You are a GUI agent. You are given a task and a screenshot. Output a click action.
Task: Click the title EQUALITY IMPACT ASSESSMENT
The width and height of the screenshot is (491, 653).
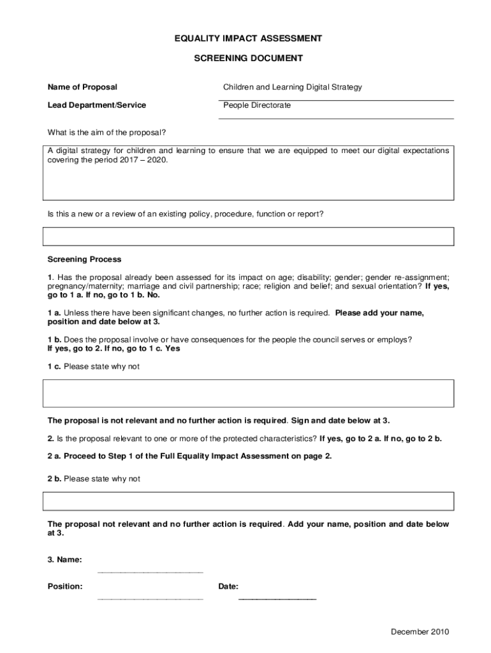click(248, 39)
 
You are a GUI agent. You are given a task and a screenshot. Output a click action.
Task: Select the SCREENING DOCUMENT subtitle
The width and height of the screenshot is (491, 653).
click(248, 59)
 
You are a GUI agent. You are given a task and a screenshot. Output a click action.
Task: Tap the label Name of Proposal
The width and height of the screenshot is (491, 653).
click(82, 87)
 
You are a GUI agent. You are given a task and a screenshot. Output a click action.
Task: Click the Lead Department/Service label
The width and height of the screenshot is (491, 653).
click(96, 105)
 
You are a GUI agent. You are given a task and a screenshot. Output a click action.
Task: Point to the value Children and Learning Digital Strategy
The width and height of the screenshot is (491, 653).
click(292, 87)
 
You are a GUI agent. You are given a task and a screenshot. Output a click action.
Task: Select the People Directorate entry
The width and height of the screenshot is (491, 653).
click(256, 105)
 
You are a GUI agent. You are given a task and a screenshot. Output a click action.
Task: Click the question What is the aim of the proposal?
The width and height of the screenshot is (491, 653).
click(106, 133)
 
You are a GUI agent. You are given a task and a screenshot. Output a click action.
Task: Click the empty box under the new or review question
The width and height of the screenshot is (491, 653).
click(248, 237)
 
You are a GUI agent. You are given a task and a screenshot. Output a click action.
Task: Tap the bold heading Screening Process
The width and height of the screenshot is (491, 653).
click(84, 260)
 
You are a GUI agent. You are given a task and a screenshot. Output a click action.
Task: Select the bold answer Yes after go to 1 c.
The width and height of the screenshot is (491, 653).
click(173, 349)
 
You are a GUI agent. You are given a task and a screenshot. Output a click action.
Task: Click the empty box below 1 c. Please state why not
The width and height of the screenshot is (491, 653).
click(248, 393)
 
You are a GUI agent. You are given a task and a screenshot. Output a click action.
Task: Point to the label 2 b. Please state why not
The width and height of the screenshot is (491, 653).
click(94, 479)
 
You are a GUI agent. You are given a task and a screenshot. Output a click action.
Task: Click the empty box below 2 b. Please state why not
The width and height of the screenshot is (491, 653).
click(248, 501)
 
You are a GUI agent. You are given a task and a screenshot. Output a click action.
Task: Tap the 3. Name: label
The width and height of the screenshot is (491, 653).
click(64, 560)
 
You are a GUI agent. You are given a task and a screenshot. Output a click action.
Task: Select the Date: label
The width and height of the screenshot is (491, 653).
click(228, 587)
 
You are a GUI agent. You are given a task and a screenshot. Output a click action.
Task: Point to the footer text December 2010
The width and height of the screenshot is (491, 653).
click(420, 632)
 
